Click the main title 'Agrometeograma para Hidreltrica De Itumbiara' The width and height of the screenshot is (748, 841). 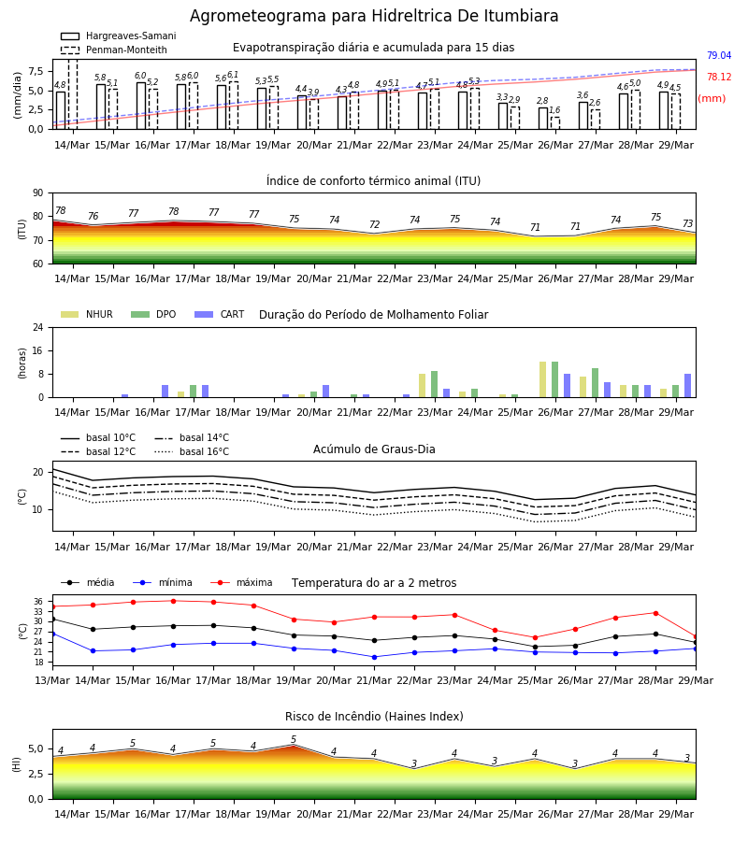click(374, 16)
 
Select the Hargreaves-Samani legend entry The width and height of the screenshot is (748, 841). click(119, 36)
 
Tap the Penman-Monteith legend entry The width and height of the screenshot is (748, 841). click(114, 50)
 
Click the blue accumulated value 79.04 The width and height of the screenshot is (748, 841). click(719, 55)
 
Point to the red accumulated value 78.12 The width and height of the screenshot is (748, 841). click(719, 77)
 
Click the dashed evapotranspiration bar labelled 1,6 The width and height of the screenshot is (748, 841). click(554, 123)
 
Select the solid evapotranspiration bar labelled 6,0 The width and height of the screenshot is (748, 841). click(141, 106)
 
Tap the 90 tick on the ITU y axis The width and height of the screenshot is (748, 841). click(38, 193)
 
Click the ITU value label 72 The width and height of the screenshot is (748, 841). click(375, 224)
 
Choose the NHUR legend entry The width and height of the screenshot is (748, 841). click(87, 314)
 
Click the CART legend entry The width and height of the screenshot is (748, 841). click(220, 314)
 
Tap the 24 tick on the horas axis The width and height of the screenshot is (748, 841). click(38, 327)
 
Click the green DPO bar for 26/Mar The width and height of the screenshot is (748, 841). click(554, 379)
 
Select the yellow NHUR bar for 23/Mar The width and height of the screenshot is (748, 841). click(423, 386)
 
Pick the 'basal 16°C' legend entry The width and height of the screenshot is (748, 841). click(192, 451)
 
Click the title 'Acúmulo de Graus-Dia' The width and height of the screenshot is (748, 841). click(374, 449)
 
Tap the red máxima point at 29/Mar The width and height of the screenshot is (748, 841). click(696, 636)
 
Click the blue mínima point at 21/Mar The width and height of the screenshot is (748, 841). click(375, 657)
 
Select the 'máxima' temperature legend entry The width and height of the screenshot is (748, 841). click(242, 582)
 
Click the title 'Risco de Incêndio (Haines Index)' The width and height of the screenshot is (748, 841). click(374, 716)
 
